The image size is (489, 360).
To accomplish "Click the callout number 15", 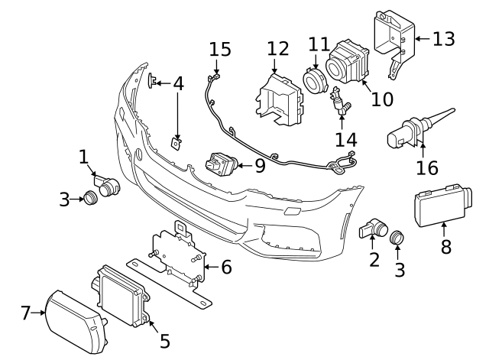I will click(219, 50).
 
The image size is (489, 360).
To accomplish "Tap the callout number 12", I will click(278, 50).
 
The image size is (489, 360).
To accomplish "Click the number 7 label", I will click(25, 313).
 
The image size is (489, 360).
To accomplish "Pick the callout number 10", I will click(381, 99).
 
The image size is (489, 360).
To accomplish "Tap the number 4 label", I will click(178, 83).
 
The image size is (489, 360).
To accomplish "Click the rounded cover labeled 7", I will click(72, 322).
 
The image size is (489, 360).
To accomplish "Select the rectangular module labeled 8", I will click(440, 205).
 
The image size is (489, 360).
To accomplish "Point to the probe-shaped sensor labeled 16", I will click(413, 130).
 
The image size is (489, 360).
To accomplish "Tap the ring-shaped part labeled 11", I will click(313, 81).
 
